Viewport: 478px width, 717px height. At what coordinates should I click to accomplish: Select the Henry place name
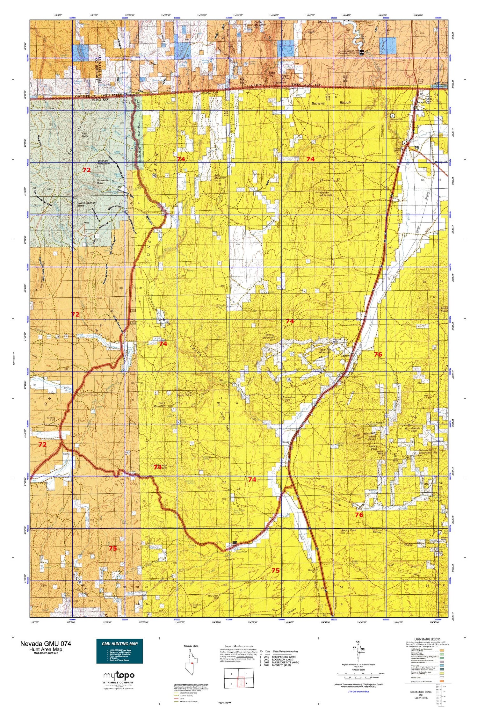click(x=286, y=443)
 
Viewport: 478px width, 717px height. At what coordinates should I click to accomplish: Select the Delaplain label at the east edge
click(x=441, y=162)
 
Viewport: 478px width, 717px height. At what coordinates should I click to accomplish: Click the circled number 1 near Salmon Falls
click(x=393, y=116)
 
